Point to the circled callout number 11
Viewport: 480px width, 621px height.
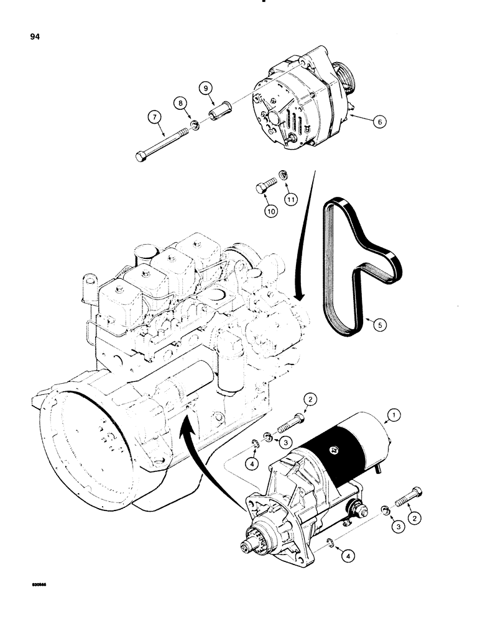pos(291,198)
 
